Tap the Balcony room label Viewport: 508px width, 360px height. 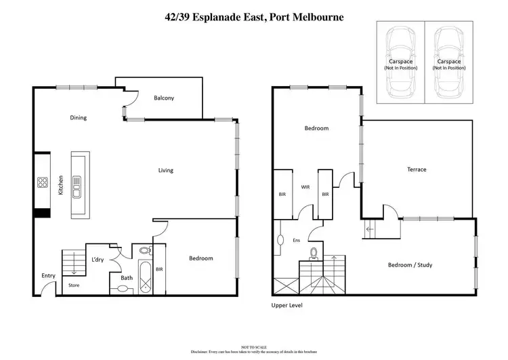tap(164, 98)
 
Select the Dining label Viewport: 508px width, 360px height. tap(79, 118)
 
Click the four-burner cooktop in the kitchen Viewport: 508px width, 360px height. tap(42, 182)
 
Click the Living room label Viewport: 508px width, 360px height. tap(165, 170)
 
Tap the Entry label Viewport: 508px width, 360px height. tap(48, 275)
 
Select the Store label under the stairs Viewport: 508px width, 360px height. tap(74, 285)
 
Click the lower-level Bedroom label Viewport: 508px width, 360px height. tap(200, 258)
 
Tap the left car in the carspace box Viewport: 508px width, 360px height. tap(400, 63)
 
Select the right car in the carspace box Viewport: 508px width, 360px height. tap(448, 63)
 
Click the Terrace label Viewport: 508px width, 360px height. tap(417, 169)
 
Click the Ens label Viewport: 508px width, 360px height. tap(295, 240)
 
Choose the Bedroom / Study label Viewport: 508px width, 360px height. tap(410, 265)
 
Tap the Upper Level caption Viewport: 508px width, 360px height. tap(287, 306)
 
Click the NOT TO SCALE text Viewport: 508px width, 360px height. tap(254, 346)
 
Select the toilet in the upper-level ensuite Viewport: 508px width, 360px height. tap(314, 253)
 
